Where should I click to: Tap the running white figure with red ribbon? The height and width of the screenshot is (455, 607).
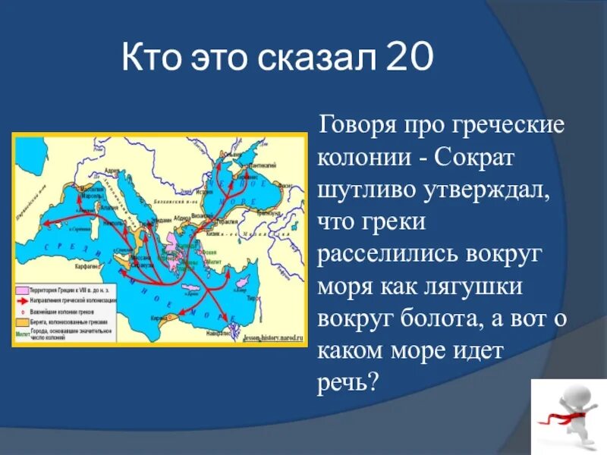tap(568, 415)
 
